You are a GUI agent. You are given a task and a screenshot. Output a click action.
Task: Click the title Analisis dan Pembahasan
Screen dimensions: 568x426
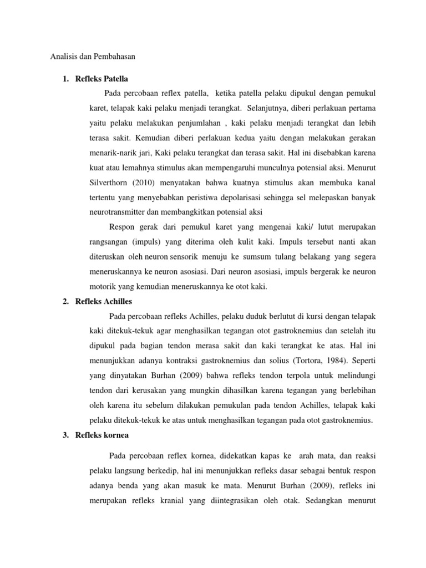(93, 56)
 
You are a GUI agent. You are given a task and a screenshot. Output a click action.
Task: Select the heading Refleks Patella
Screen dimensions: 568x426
(104, 78)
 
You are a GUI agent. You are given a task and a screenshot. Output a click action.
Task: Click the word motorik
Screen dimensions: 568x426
(104, 287)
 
